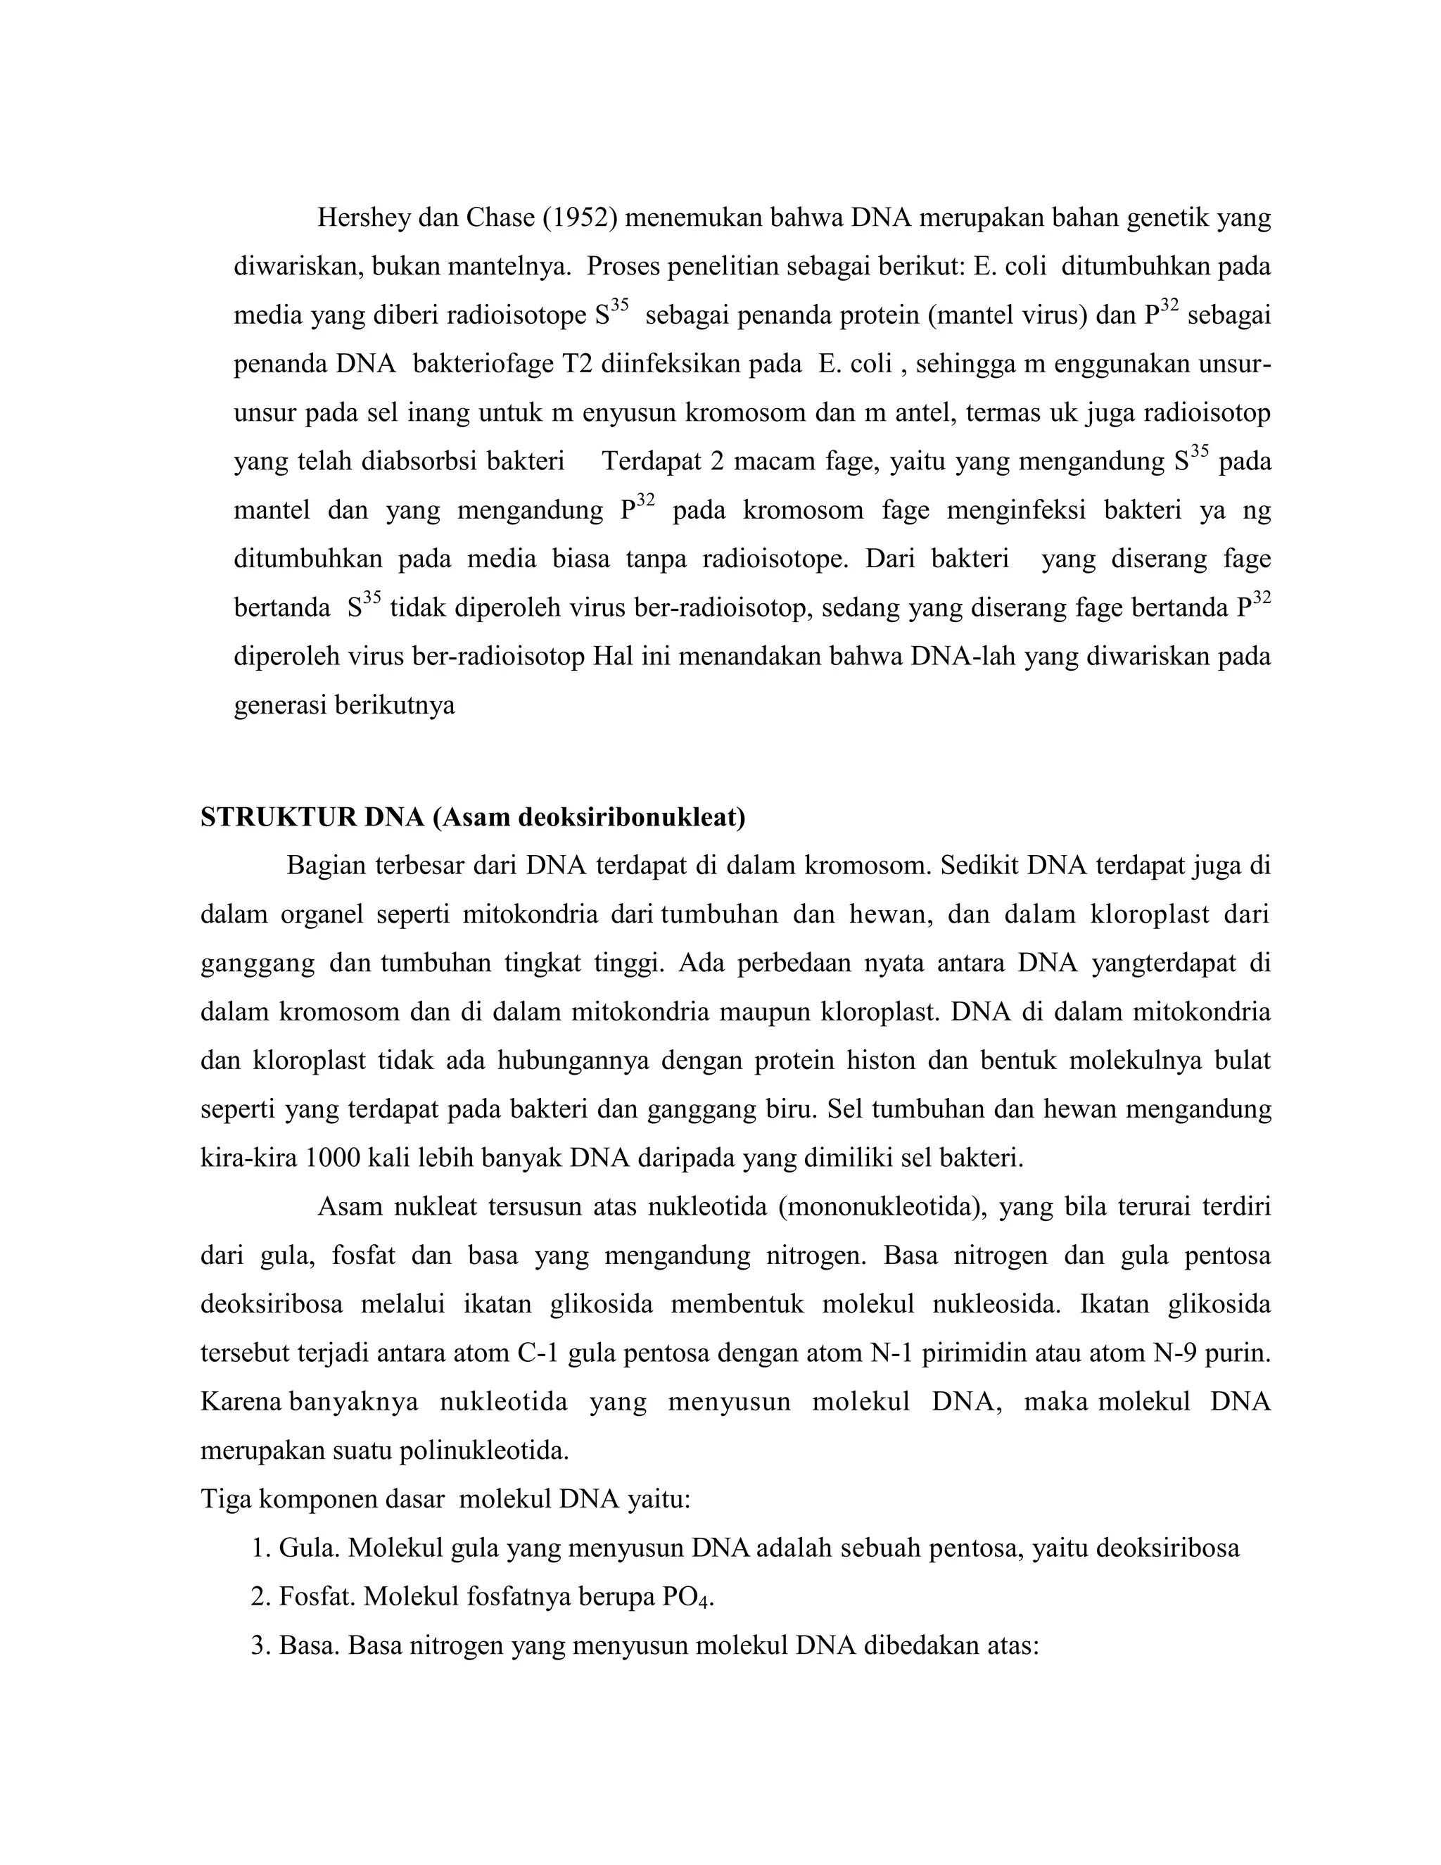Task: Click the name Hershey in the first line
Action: tap(363, 220)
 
